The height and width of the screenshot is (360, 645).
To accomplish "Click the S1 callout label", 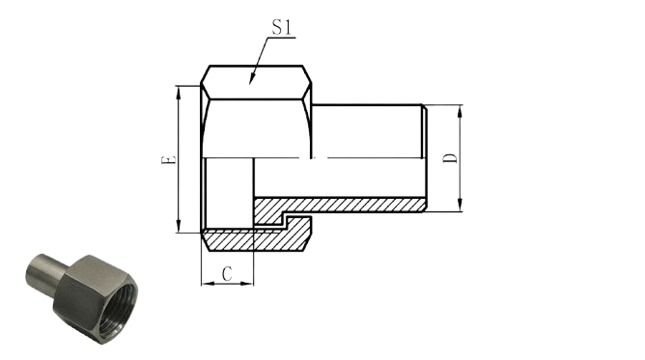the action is (282, 28).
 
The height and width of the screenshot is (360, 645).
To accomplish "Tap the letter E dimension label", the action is (168, 160).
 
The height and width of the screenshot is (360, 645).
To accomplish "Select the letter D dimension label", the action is (450, 158).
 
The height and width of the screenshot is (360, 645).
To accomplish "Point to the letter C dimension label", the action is (227, 274).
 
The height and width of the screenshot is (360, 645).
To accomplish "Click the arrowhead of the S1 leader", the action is (252, 79).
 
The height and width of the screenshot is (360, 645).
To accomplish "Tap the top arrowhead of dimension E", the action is (178, 93).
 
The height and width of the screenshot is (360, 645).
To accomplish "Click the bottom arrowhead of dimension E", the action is (178, 226).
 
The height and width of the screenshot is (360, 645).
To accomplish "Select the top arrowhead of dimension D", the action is (461, 111).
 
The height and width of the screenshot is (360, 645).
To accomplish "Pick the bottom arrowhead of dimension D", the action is (461, 205).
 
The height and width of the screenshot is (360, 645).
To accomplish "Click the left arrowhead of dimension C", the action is (209, 283).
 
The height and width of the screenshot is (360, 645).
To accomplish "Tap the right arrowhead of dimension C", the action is (247, 283).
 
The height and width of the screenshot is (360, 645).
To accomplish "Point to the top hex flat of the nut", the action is (256, 82).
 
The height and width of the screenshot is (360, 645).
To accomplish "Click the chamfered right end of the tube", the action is (424, 158).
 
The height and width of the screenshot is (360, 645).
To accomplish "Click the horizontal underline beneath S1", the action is (281, 38).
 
